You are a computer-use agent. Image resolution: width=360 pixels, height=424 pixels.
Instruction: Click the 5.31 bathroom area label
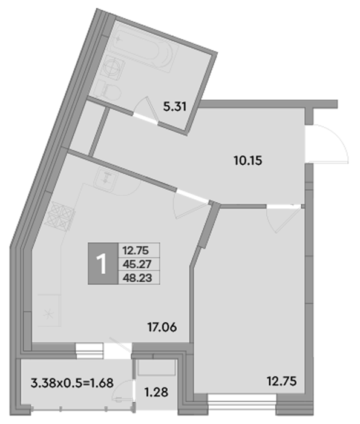[175, 107]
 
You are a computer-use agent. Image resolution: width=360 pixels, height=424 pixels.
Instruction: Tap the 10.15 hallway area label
[248, 161]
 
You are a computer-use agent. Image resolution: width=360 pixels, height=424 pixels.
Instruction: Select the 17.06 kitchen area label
[162, 327]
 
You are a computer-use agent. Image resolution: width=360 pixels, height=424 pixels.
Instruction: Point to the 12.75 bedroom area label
[282, 381]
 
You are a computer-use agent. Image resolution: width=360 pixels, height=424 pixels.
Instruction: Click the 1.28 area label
[156, 392]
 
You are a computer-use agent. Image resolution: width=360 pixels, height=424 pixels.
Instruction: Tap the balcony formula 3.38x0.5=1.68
[72, 383]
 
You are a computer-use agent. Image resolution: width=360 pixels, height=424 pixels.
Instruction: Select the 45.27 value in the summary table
[137, 264]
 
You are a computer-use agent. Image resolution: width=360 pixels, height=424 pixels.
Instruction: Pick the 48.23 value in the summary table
[137, 277]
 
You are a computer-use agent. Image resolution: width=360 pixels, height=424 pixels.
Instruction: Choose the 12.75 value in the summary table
[136, 251]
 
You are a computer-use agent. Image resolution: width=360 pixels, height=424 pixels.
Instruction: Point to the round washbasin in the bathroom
[113, 68]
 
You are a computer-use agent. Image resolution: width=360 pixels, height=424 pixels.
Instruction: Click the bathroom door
[146, 110]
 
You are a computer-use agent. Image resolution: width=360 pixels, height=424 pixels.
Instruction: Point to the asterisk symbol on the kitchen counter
[49, 314]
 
